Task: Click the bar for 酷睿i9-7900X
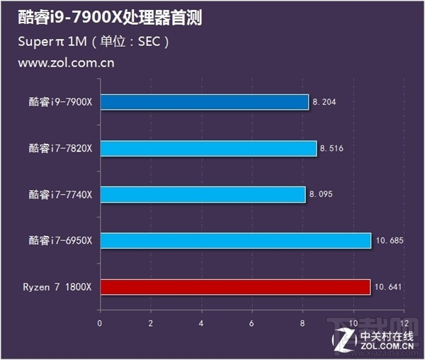(x=204, y=102)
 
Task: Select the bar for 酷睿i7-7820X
(x=208, y=148)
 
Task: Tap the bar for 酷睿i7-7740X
(x=203, y=194)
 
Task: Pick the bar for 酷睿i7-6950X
(x=235, y=241)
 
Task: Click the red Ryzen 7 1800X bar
(x=234, y=287)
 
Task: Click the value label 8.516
(x=331, y=148)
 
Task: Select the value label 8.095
(x=321, y=194)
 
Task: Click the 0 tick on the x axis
(x=100, y=322)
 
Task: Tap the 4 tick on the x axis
(x=201, y=322)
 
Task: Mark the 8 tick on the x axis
(x=302, y=322)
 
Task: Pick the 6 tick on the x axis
(x=252, y=322)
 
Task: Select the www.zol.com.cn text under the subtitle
(x=66, y=62)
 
